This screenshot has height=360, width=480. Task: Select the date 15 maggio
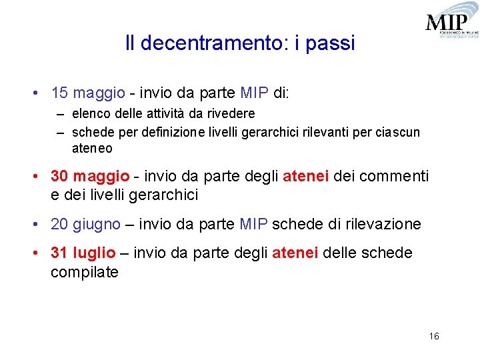point(87,93)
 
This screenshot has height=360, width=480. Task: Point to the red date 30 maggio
point(90,176)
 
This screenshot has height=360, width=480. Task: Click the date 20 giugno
point(85,224)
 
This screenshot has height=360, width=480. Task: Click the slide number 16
point(434,336)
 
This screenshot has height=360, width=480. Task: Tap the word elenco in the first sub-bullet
point(89,114)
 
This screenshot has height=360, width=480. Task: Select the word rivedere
point(231,114)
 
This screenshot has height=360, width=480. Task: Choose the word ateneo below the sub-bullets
point(92,149)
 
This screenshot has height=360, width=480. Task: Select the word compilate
point(84,272)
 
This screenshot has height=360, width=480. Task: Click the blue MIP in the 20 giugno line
point(253,224)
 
